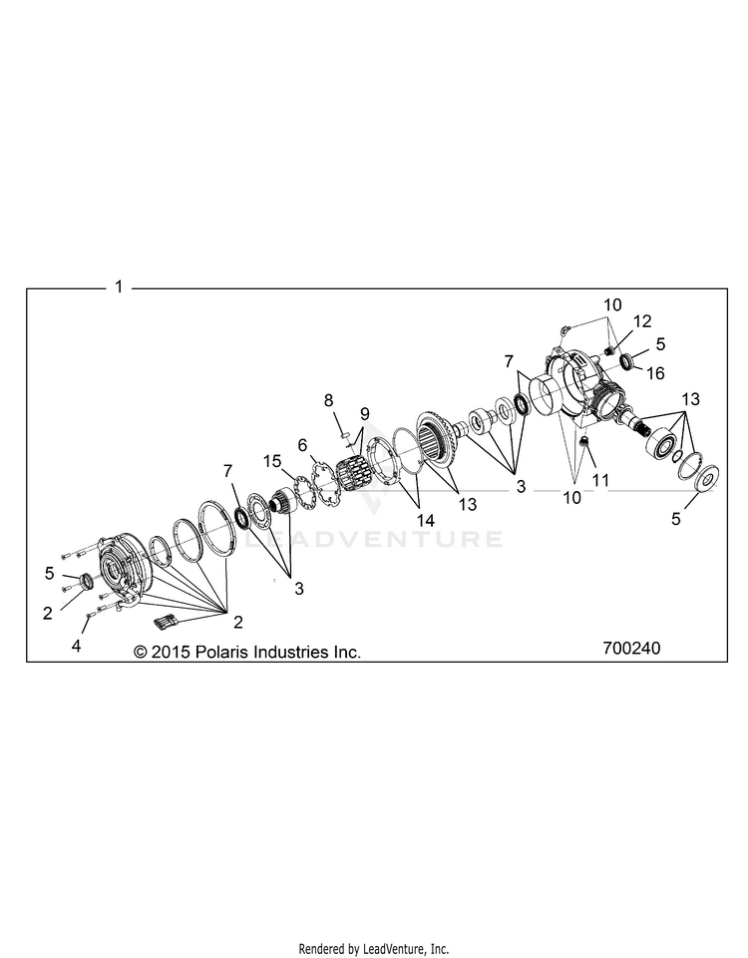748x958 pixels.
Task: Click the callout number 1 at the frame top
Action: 119,286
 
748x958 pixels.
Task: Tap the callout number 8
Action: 327,400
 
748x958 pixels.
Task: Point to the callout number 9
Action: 363,413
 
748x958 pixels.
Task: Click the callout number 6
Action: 303,444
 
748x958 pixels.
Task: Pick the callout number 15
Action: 273,460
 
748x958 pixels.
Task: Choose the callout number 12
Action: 641,320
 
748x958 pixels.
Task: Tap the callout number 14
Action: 426,520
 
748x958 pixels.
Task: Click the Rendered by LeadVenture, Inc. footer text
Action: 374,948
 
